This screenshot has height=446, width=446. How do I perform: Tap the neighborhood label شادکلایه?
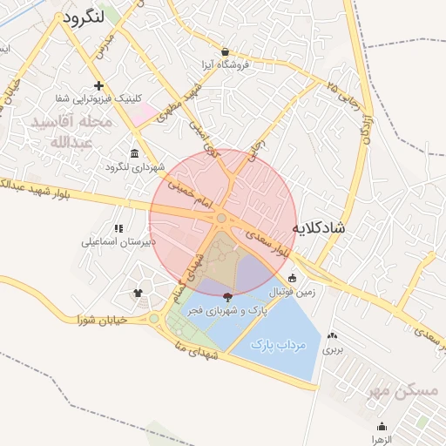tap(317, 228)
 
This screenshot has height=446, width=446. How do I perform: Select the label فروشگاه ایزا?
tap(225, 64)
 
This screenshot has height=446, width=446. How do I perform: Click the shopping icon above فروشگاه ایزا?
tap(226, 51)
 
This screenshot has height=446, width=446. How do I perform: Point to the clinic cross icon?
tap(99, 85)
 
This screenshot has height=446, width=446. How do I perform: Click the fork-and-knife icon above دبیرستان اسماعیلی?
tap(118, 228)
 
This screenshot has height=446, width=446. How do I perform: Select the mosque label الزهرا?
tap(382, 440)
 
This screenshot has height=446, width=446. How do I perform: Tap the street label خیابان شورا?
tap(103, 319)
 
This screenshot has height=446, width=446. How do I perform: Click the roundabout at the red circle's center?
tap(222, 218)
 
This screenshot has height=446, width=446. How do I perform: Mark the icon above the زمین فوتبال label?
tap(292, 279)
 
